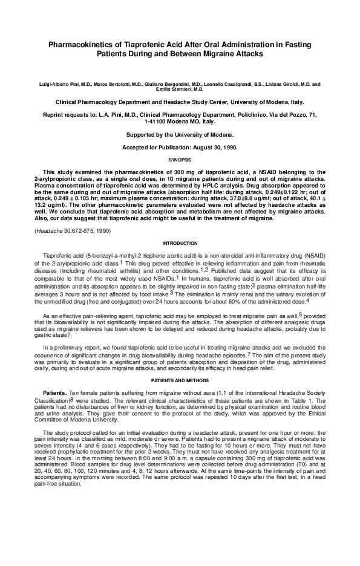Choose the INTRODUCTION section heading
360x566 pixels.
point(180,259)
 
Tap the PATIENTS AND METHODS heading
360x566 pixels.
point(180,380)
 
